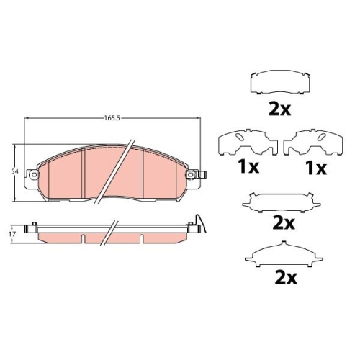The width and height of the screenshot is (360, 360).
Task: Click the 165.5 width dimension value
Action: (x=109, y=117)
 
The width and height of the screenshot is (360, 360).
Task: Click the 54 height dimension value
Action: (x=14, y=172)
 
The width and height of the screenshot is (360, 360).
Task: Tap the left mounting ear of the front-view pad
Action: (x=31, y=174)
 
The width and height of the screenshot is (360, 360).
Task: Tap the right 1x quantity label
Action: (x=315, y=169)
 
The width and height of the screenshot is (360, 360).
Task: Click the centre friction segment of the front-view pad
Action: (x=114, y=173)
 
